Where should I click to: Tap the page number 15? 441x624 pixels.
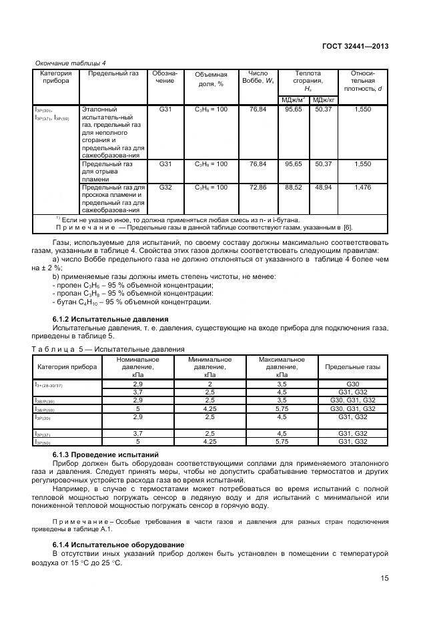[385, 579]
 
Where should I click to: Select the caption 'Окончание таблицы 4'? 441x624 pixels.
[66, 63]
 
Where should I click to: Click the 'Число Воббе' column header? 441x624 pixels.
[258, 77]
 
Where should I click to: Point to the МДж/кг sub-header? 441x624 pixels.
[324, 99]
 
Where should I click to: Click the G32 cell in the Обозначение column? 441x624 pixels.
[165, 188]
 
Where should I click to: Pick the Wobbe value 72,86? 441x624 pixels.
[258, 188]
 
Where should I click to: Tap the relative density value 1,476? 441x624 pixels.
[363, 188]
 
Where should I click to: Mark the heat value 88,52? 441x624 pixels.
[294, 188]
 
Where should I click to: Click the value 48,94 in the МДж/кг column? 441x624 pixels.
[324, 188]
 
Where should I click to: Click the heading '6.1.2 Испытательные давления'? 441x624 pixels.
[110, 320]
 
